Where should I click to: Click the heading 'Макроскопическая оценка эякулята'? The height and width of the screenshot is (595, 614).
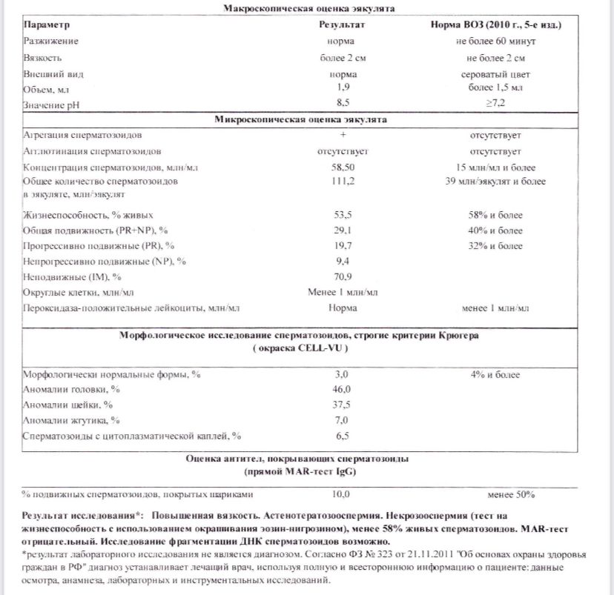click(309, 9)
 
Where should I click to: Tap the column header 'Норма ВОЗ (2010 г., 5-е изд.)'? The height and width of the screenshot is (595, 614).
click(495, 25)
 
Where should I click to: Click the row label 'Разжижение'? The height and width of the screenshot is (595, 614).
click(51, 41)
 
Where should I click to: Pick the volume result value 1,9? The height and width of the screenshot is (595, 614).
click(343, 88)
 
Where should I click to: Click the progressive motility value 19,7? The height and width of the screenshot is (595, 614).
click(342, 245)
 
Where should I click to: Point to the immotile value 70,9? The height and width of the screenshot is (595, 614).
click(342, 277)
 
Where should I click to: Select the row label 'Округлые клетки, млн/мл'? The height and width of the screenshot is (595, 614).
click(79, 293)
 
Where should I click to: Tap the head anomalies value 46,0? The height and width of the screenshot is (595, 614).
click(341, 389)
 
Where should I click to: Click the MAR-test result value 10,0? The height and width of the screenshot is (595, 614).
click(341, 493)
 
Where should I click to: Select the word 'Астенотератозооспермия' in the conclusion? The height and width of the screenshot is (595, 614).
click(291, 513)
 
